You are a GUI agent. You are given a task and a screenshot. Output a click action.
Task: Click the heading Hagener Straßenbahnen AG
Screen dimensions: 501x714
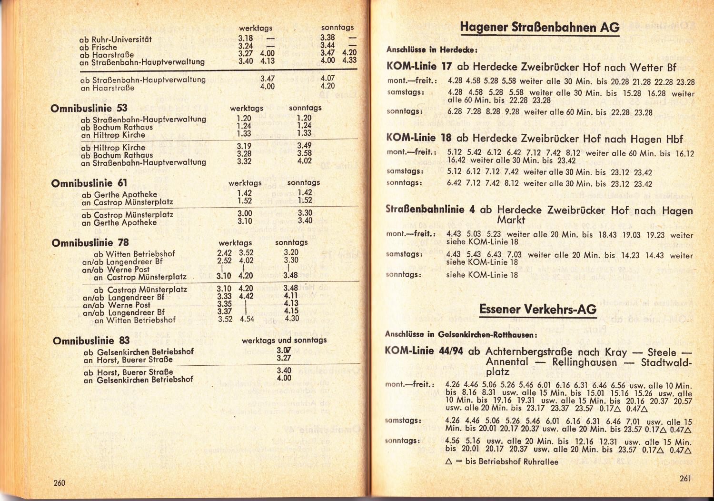click(x=539, y=27)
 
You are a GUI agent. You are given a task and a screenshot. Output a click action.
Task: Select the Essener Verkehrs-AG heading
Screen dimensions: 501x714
click(x=537, y=309)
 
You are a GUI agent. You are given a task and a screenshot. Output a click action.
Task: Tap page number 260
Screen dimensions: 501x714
click(x=59, y=483)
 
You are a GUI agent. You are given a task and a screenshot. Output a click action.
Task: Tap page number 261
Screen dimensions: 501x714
click(x=685, y=479)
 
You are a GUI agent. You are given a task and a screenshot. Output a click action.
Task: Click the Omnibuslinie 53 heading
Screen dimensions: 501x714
click(x=89, y=108)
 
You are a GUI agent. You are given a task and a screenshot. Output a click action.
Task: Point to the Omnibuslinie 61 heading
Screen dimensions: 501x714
click(x=89, y=183)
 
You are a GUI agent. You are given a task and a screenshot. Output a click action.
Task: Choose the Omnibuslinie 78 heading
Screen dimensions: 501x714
click(x=90, y=243)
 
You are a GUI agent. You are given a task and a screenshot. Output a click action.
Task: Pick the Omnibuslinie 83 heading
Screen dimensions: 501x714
click(x=91, y=341)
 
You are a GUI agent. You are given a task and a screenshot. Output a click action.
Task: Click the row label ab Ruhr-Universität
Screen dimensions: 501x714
click(x=115, y=40)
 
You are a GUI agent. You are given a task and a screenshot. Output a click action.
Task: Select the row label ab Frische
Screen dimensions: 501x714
click(x=98, y=47)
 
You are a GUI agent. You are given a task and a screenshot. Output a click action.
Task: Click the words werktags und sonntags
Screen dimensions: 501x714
click(x=284, y=340)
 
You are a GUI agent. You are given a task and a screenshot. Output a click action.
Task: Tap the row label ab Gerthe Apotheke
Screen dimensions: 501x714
click(x=119, y=194)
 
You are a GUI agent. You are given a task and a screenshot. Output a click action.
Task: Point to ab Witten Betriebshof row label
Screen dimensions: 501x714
click(x=134, y=254)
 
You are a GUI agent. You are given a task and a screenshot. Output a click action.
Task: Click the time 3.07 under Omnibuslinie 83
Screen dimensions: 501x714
click(x=284, y=351)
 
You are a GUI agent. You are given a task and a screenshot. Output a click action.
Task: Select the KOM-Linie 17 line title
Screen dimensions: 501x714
click(x=419, y=67)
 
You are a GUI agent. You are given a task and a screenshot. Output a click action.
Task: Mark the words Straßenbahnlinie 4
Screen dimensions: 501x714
click(x=431, y=210)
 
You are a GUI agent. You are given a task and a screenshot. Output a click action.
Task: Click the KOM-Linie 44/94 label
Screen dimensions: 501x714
click(x=425, y=351)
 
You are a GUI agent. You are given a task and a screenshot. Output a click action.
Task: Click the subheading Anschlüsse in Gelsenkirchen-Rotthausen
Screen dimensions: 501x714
click(x=461, y=334)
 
